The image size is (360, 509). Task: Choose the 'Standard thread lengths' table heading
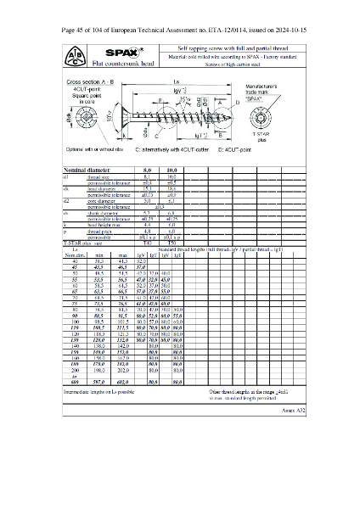[233, 249]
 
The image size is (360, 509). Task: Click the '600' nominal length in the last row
[76, 407]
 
